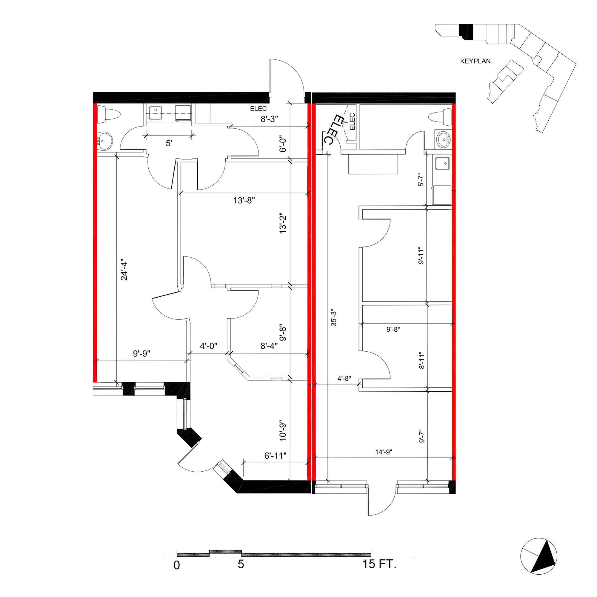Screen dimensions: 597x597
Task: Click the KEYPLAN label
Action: [475, 61]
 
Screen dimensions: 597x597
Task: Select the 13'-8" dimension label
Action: [244, 201]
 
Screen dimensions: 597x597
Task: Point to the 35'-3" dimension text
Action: [334, 317]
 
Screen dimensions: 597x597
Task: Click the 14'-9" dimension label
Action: [384, 452]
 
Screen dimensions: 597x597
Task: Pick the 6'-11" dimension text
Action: [275, 456]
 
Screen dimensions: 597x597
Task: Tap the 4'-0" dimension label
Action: [209, 346]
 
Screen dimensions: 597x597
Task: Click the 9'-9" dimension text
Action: [141, 353]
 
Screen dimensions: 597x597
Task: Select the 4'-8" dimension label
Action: [344, 378]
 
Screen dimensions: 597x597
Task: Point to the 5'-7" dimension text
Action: [421, 179]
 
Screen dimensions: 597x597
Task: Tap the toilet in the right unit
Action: [440, 117]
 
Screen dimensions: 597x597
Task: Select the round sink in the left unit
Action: [104, 141]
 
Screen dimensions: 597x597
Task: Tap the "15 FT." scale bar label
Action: [379, 564]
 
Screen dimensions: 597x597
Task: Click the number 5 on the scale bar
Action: [241, 564]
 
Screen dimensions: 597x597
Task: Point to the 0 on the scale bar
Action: [177, 565]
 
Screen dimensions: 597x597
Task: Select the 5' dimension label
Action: [169, 143]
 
